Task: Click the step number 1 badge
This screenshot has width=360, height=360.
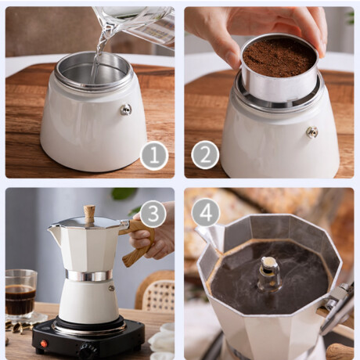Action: (154, 156)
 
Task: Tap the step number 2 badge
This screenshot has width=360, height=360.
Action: (205, 155)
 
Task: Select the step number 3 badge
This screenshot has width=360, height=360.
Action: (153, 214)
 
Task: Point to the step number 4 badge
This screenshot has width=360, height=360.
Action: (206, 212)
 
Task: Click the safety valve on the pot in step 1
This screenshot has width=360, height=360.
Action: (126, 110)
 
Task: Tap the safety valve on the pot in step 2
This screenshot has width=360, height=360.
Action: (312, 131)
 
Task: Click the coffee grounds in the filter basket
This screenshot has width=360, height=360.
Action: (279, 58)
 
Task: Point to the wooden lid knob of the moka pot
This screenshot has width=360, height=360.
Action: (89, 214)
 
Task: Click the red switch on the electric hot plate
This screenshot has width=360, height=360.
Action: (45, 344)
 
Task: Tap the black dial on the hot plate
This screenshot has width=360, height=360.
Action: (88, 351)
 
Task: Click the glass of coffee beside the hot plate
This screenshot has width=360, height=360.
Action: (20, 295)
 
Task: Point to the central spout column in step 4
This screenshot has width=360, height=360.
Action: (270, 274)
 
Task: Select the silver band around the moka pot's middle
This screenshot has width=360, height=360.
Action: (89, 275)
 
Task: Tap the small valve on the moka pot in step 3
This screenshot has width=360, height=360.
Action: (111, 288)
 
